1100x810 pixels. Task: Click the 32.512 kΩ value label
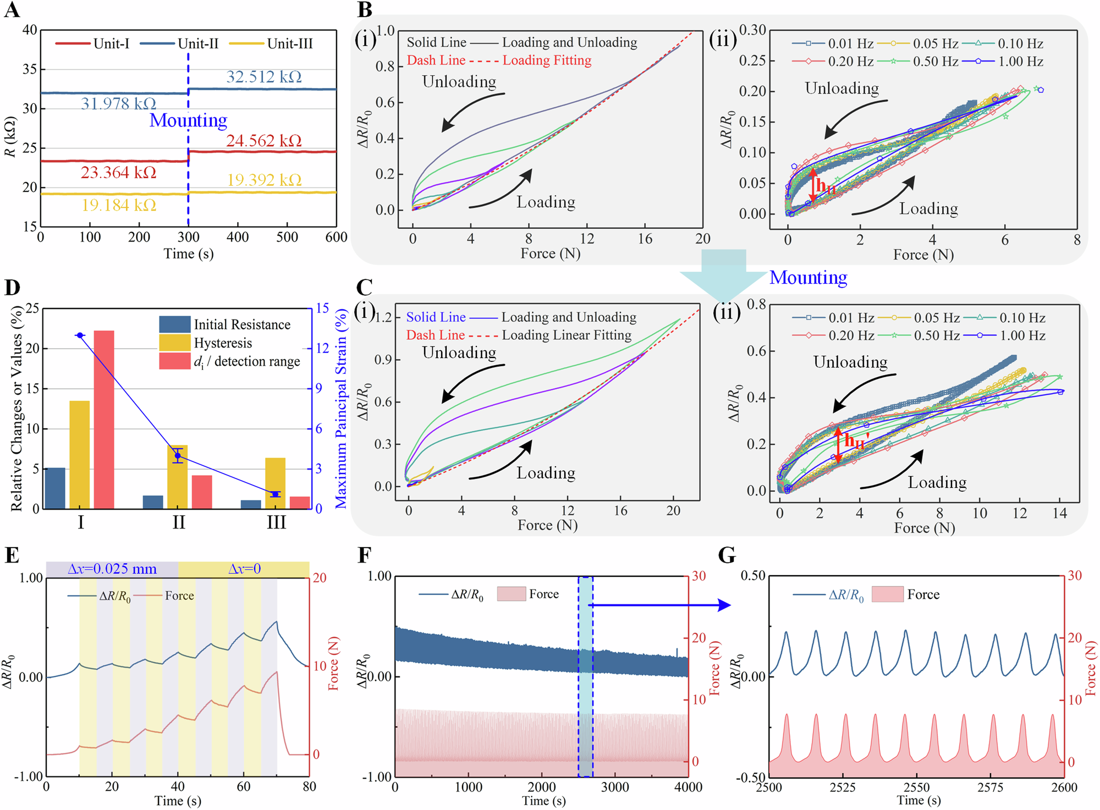pos(264,76)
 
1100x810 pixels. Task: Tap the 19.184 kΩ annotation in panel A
pos(119,205)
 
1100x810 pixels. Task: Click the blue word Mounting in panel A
pos(188,120)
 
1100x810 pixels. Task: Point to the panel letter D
pos(12,288)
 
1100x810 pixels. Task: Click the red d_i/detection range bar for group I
pos(104,419)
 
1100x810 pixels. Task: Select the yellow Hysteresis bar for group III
pos(275,483)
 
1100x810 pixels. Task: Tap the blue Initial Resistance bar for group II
pos(153,502)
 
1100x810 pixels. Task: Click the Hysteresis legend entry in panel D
pos(222,343)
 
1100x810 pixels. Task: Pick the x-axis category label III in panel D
pos(276,522)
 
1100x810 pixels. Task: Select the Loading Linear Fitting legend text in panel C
pos(566,335)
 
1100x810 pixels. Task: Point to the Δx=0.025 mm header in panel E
pos(112,569)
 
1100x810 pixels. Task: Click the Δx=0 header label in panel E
pos(244,569)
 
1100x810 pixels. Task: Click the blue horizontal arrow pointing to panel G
pos(660,605)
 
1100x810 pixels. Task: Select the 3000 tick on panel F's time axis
pos(614,787)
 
